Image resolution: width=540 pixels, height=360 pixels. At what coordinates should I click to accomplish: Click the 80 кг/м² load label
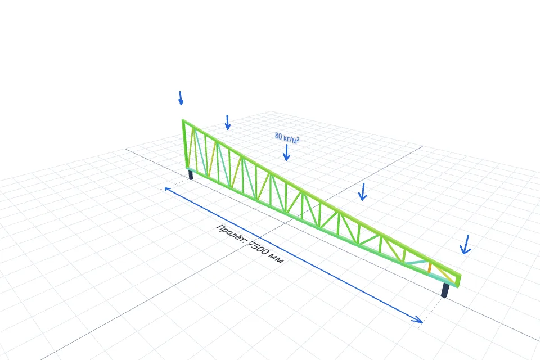point(287,137)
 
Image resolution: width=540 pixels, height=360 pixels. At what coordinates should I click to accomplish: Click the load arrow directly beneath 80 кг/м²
point(286,152)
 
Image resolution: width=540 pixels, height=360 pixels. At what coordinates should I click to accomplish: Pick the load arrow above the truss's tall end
point(181,98)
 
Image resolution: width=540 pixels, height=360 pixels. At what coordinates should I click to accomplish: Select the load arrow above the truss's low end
point(466,244)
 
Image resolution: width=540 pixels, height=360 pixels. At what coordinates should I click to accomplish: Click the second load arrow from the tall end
point(227,122)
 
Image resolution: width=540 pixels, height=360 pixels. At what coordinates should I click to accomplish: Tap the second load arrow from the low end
point(362,192)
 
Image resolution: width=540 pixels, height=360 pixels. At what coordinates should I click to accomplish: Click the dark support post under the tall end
point(191,174)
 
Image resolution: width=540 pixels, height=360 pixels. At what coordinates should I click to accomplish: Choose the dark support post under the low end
point(445,290)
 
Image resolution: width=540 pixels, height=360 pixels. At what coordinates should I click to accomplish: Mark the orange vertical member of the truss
point(429,268)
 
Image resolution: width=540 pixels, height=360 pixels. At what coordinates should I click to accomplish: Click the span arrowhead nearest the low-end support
point(418,319)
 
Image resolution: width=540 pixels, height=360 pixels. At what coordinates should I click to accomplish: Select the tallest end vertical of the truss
point(185,145)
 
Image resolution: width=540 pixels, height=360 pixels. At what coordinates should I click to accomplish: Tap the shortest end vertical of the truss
point(460,281)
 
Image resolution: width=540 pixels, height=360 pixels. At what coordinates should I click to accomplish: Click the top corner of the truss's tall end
point(183,120)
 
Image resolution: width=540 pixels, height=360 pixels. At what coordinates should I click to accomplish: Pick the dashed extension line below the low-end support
point(432,310)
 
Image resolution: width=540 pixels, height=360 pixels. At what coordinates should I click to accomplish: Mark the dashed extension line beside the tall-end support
point(175,184)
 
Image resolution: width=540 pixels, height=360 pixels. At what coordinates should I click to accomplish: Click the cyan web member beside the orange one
point(417,262)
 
